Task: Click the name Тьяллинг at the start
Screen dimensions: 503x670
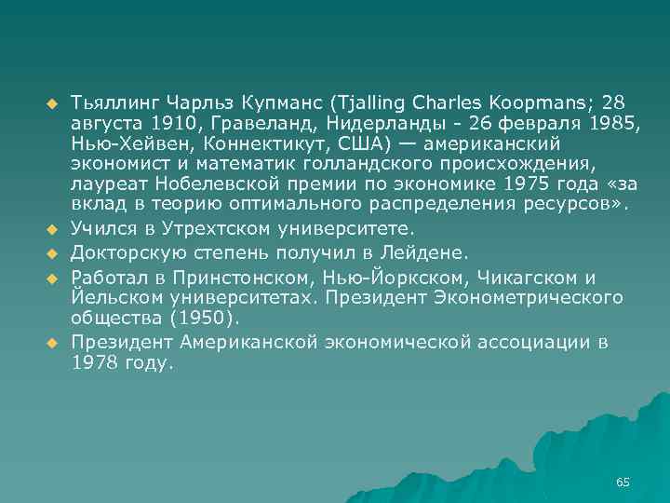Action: pos(112,102)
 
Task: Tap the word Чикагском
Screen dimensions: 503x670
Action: pos(527,278)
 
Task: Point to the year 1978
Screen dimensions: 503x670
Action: pos(94,363)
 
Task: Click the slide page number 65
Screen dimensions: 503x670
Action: pos(623,482)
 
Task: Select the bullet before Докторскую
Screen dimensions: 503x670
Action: pos(52,252)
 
